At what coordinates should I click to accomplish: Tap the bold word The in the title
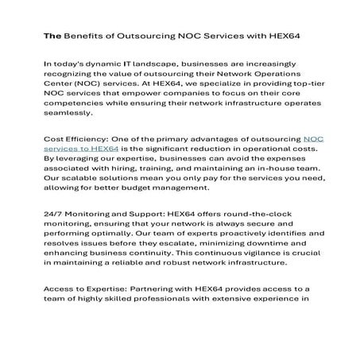(x=52, y=37)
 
